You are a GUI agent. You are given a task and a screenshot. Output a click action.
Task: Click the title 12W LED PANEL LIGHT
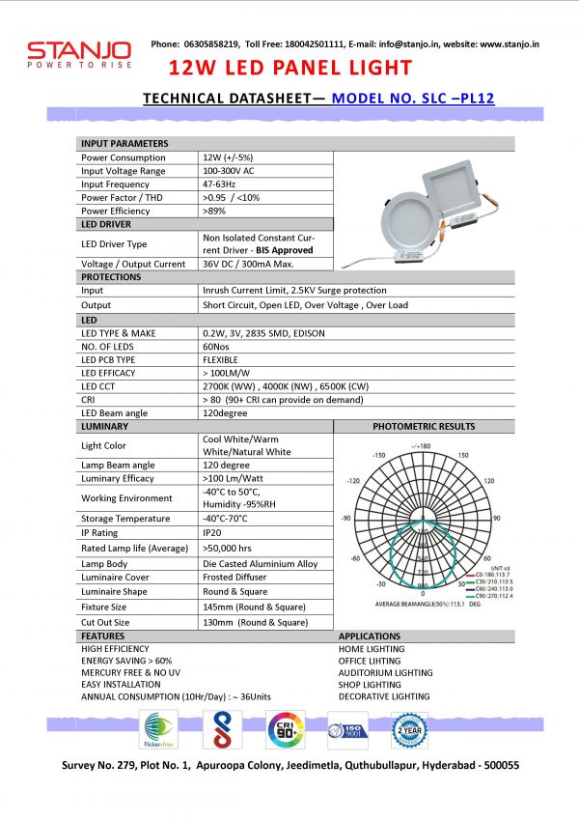(290, 68)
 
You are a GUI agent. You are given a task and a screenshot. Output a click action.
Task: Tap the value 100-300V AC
(230, 171)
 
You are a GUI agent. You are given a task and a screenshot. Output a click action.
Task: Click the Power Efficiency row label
(117, 211)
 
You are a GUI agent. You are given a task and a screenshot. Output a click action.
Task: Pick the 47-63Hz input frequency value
(221, 184)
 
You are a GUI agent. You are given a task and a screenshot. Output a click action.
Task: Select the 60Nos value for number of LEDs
(217, 346)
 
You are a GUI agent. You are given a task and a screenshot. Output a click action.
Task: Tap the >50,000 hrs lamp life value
(229, 548)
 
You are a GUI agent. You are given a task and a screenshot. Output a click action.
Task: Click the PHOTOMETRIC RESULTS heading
(424, 426)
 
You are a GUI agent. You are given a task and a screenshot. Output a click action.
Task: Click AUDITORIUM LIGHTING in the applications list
(385, 672)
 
